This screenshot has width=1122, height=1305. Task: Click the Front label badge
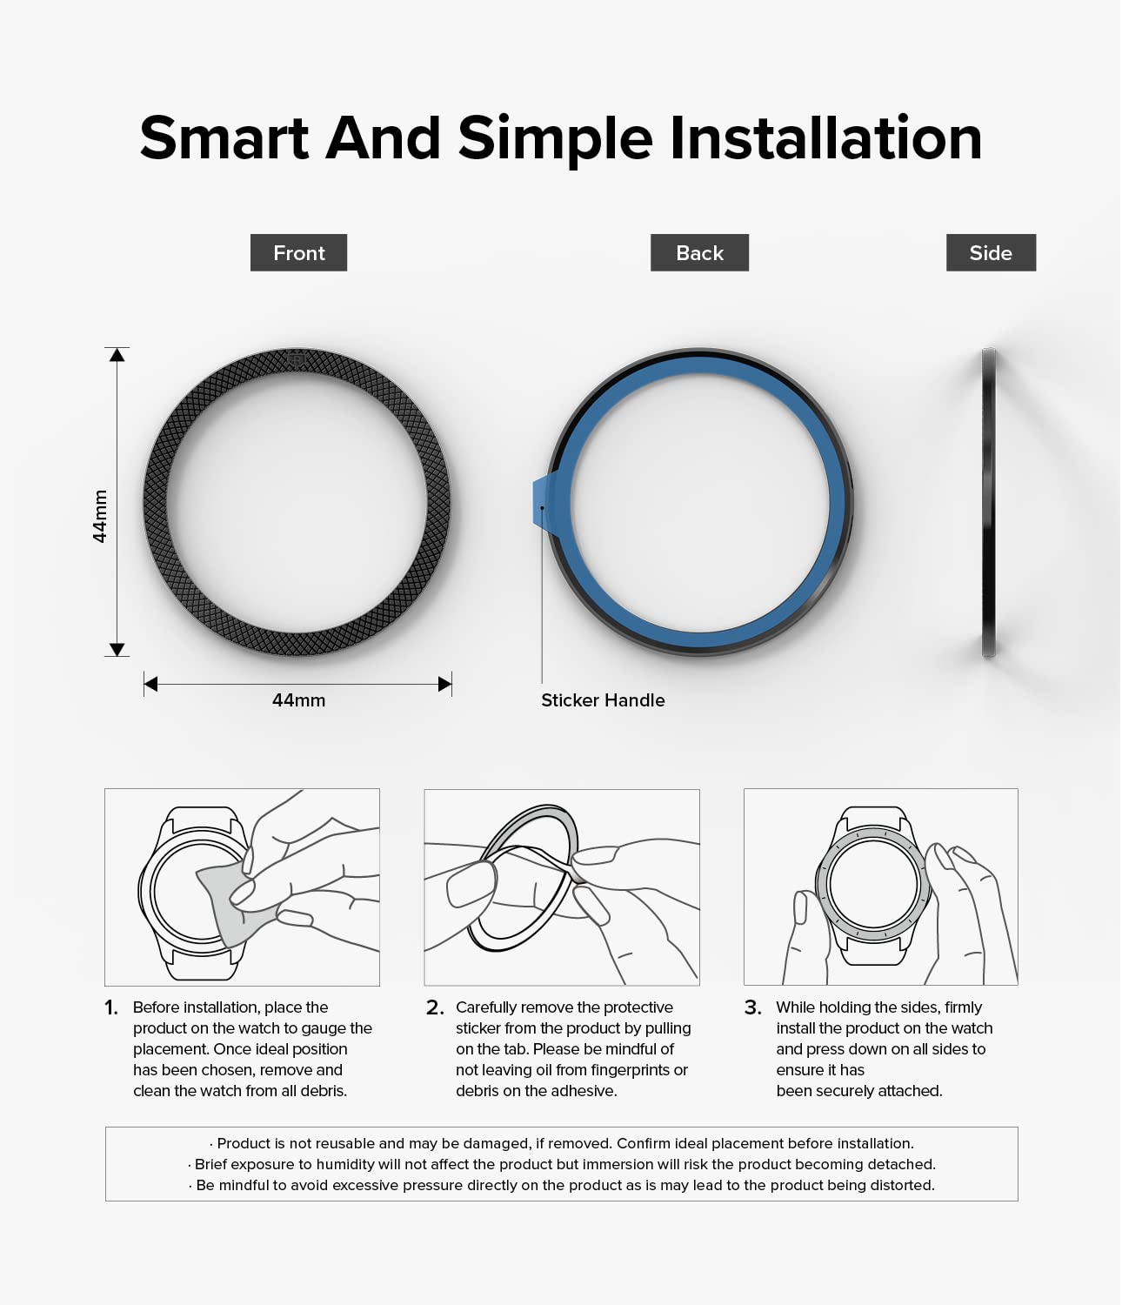tap(298, 252)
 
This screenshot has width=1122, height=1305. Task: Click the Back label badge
tap(699, 252)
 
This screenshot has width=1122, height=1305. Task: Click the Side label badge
tap(991, 252)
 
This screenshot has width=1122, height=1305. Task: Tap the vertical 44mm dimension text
tap(100, 516)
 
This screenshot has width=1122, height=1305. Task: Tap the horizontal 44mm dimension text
tap(298, 700)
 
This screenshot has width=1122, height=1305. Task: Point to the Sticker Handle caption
tap(603, 700)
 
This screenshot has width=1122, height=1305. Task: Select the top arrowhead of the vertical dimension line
tap(117, 354)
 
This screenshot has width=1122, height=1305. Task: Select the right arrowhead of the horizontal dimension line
tap(445, 684)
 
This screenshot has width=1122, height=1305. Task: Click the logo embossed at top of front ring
tap(296, 360)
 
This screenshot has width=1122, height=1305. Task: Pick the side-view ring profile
tap(988, 502)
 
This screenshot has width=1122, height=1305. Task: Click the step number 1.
tap(111, 1007)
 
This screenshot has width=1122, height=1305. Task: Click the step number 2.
tap(435, 1007)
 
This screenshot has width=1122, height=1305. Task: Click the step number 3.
tap(753, 1007)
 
